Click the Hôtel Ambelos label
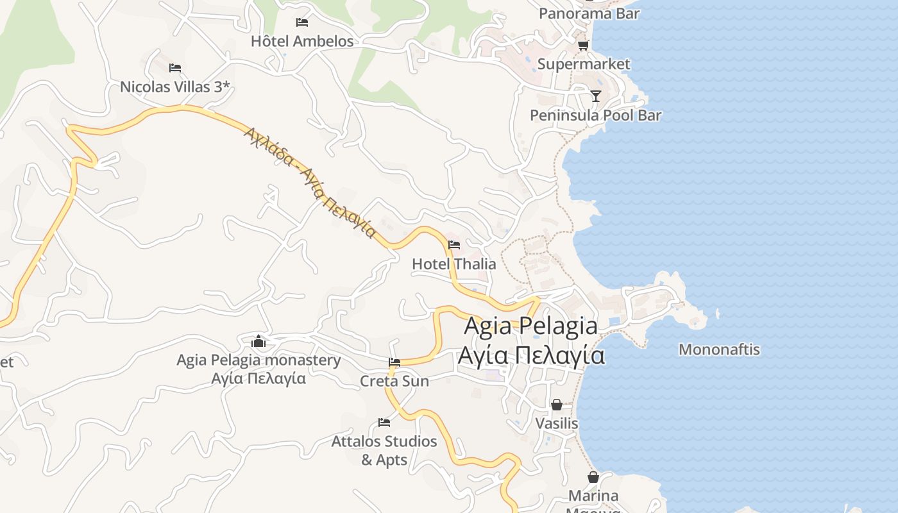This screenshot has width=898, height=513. (302, 42)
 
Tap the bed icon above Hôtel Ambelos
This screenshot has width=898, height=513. (302, 22)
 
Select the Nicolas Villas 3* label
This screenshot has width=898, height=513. (174, 87)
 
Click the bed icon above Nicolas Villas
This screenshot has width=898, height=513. (175, 68)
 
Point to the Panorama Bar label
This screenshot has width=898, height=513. (589, 13)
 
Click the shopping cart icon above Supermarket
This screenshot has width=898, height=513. (583, 45)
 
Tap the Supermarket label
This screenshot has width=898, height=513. (584, 64)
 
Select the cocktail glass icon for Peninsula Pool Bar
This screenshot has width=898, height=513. (596, 96)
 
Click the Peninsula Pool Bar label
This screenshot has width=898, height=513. (595, 115)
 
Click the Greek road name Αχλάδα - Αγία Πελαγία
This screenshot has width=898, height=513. (309, 181)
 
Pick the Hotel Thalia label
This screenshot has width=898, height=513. (454, 264)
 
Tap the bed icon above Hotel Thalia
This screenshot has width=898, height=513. (454, 245)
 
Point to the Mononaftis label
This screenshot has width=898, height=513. (719, 349)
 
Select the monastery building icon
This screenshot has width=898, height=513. (259, 341)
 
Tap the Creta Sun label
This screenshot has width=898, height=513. (394, 381)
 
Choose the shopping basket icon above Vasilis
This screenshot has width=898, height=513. (557, 405)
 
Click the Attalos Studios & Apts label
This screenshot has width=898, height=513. (384, 450)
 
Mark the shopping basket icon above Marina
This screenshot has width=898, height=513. (593, 478)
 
